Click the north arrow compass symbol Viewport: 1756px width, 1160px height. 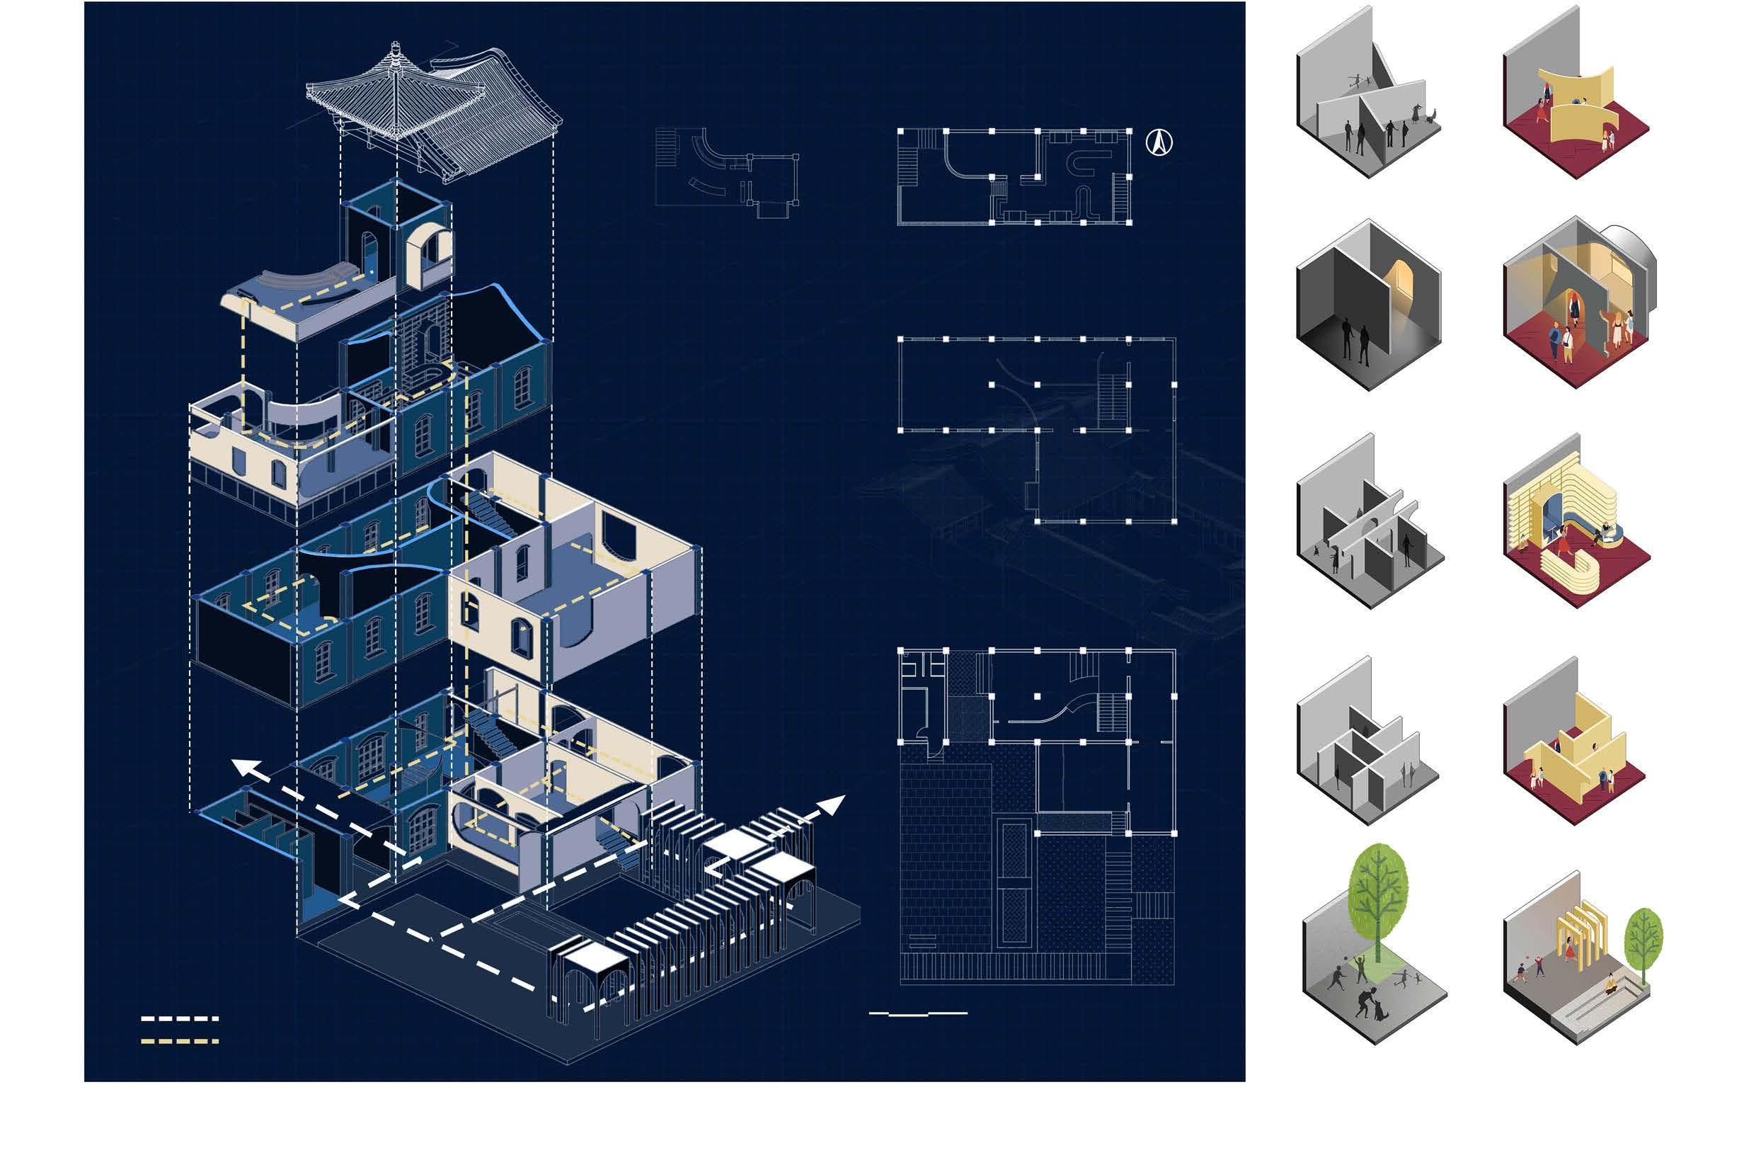coord(1159,143)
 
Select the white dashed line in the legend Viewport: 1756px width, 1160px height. coord(180,1018)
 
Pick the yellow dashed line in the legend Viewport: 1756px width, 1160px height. coord(180,1042)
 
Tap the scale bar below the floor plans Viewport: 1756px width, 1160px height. coord(918,1013)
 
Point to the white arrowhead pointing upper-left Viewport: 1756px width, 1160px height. coord(248,769)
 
